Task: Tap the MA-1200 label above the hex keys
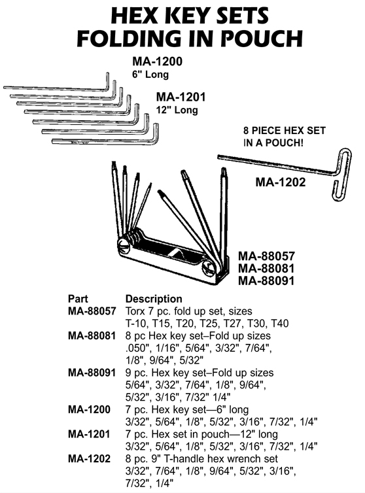(x=157, y=61)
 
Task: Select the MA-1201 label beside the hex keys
(x=181, y=97)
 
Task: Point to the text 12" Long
(x=177, y=110)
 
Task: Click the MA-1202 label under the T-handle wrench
(x=281, y=182)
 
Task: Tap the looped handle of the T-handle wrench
(x=341, y=174)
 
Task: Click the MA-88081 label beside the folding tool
(x=266, y=268)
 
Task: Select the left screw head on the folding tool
(x=124, y=245)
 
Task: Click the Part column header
(x=78, y=299)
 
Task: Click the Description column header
(x=154, y=299)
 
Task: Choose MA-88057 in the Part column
(x=92, y=311)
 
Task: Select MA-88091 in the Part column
(x=92, y=373)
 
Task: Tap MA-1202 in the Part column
(x=89, y=459)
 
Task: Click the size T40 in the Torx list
(x=280, y=324)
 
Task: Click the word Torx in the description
(x=135, y=311)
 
